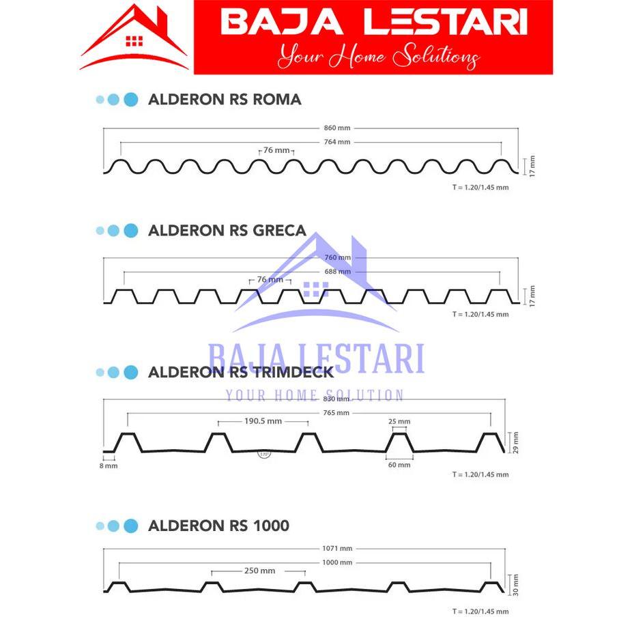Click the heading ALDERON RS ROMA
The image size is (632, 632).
click(x=225, y=100)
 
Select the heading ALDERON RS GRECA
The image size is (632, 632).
click(x=227, y=231)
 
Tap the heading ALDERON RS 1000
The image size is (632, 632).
click(x=218, y=526)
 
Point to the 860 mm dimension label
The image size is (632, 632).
click(x=337, y=128)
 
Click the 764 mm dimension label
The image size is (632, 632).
click(x=337, y=142)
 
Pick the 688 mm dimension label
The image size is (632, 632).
click(x=338, y=272)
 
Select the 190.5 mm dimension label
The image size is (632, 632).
click(x=263, y=421)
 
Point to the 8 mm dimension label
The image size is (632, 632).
click(x=109, y=465)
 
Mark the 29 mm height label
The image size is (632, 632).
click(x=517, y=442)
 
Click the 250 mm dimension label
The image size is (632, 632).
click(x=259, y=571)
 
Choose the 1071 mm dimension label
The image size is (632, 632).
click(x=338, y=549)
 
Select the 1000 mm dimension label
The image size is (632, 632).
click(x=338, y=562)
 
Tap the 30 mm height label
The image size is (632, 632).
click(x=517, y=585)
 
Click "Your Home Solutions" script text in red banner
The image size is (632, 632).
click(x=377, y=56)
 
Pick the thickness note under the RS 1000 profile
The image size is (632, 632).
click(x=480, y=612)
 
